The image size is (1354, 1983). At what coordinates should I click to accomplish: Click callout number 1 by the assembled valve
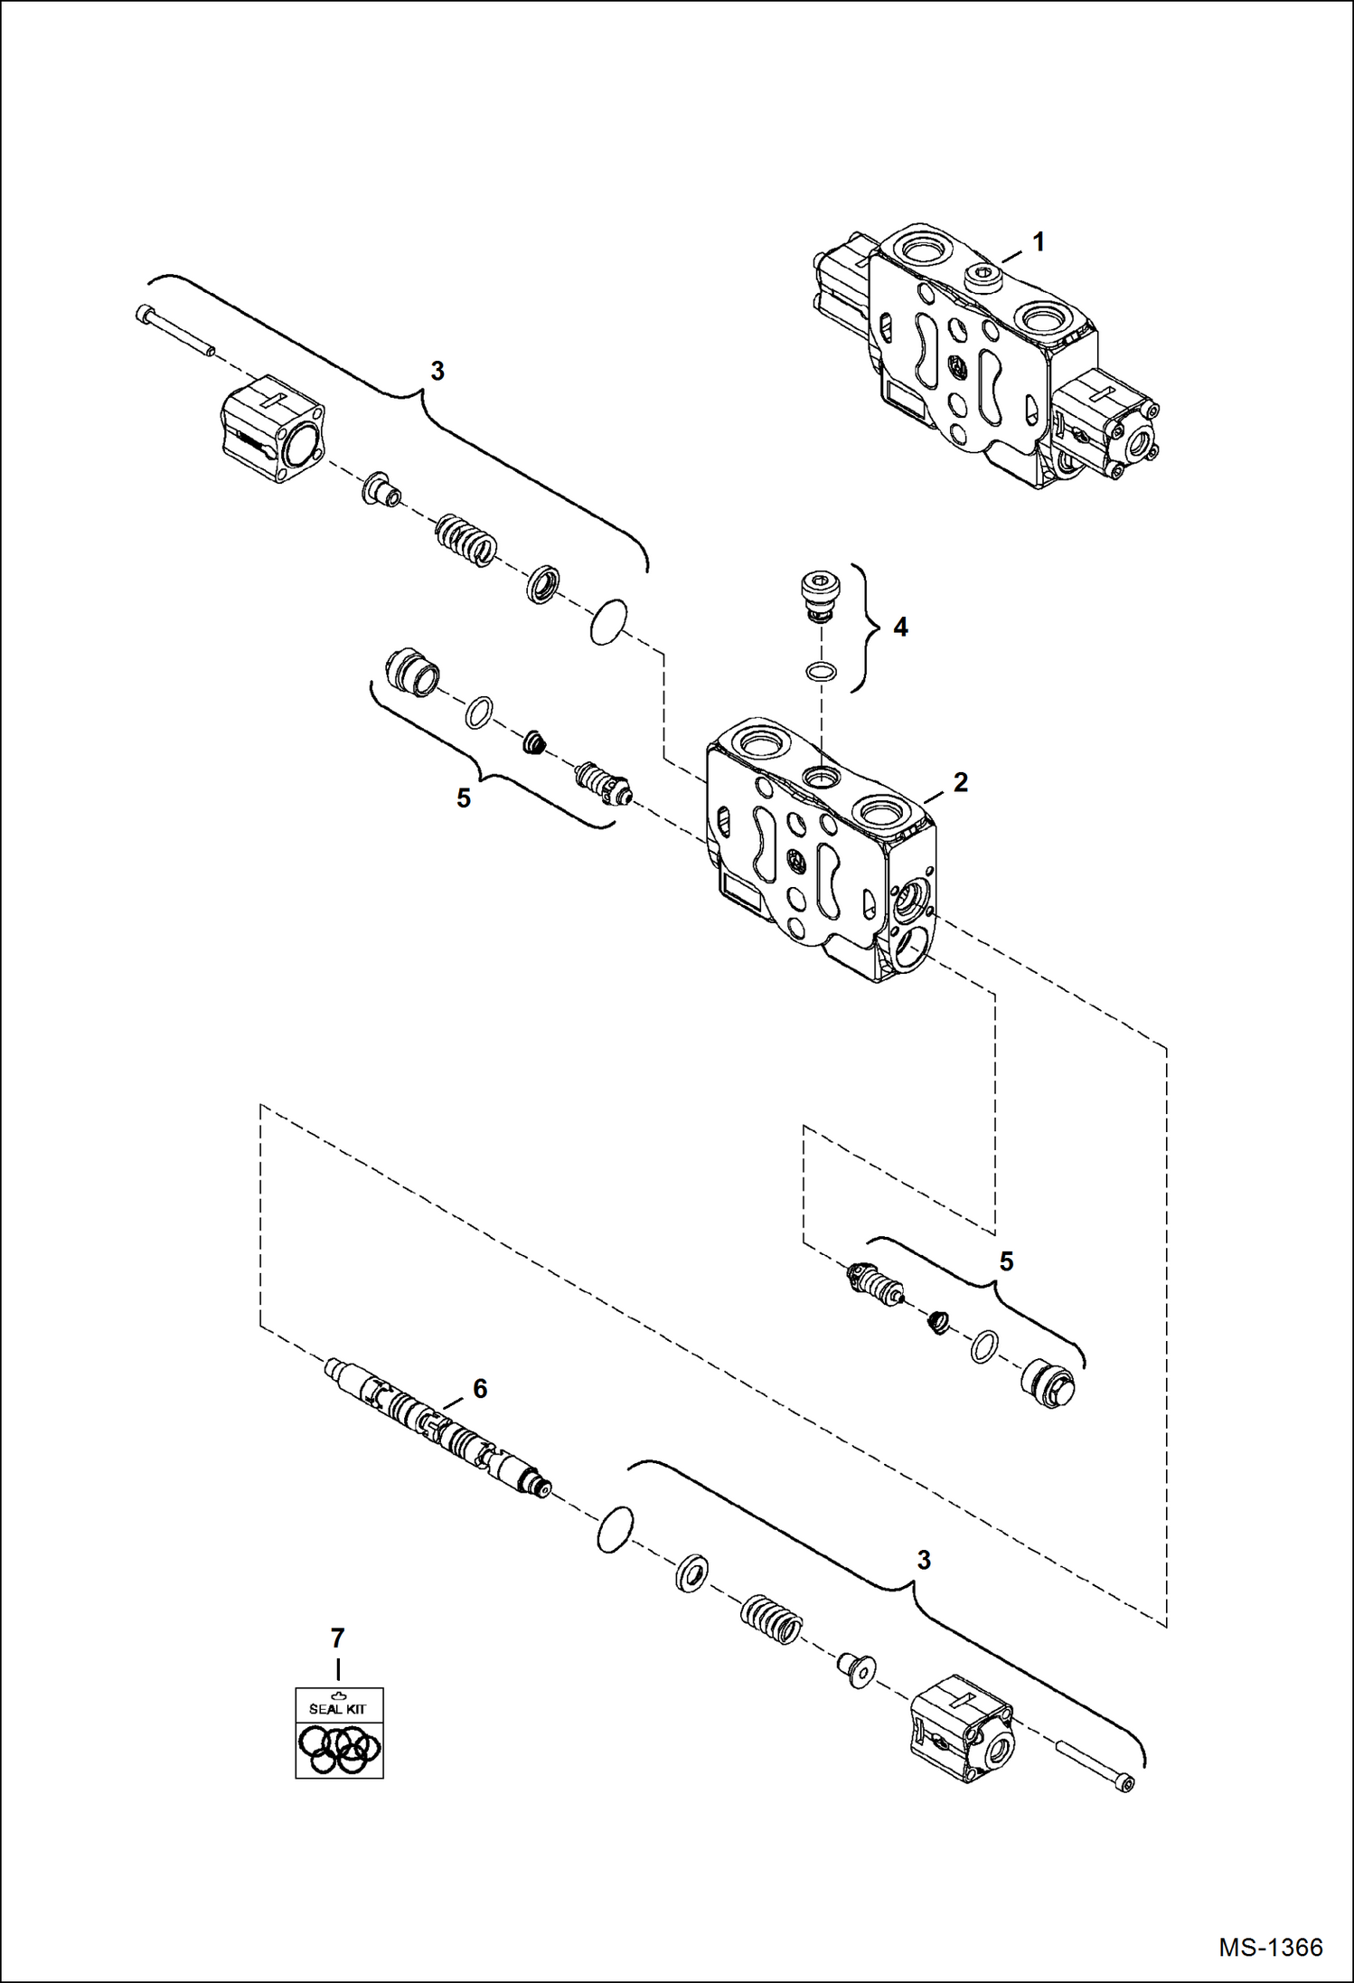[x=1039, y=242]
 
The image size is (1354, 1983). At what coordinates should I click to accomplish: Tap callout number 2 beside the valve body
[x=960, y=782]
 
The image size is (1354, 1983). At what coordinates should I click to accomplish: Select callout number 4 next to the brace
[x=900, y=627]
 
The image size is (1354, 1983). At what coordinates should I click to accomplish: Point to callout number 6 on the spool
[x=480, y=1388]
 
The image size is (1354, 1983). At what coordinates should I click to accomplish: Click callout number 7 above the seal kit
[x=337, y=1638]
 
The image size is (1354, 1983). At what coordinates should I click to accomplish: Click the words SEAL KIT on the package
[x=337, y=1709]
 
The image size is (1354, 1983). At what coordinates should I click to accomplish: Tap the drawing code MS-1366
[x=1270, y=1947]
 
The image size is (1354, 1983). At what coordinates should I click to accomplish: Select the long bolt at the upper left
[x=174, y=331]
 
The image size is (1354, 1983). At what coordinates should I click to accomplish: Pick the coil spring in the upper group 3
[x=465, y=540]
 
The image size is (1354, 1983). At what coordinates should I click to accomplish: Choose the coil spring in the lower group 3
[x=771, y=1619]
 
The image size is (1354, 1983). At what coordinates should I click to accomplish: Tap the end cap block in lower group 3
[x=962, y=1728]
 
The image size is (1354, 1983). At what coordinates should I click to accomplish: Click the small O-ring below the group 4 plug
[x=820, y=671]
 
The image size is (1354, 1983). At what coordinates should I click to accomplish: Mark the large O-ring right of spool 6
[x=615, y=1530]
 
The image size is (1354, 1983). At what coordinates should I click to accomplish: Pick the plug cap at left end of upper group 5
[x=413, y=673]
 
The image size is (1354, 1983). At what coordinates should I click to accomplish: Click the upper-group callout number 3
[x=437, y=371]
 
